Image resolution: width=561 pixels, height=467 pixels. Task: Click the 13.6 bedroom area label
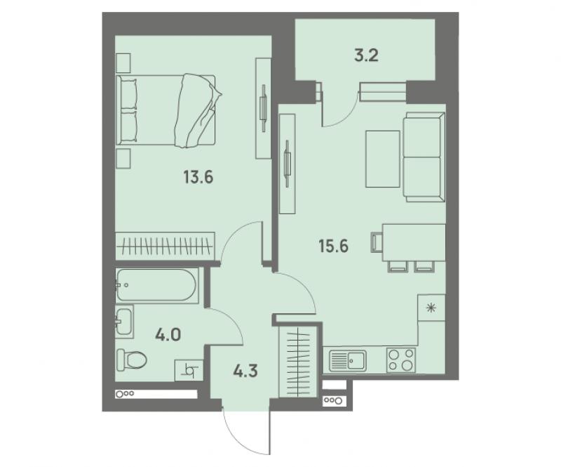click(198, 177)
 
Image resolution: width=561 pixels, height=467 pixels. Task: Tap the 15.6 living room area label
click(334, 246)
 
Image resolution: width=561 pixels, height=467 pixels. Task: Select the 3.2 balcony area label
click(367, 56)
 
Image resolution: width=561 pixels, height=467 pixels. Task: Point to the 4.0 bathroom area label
click(168, 334)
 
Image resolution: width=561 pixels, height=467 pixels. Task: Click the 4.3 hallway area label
click(245, 371)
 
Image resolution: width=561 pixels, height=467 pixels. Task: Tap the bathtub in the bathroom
click(156, 285)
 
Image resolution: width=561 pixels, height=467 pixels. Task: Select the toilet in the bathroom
click(131, 360)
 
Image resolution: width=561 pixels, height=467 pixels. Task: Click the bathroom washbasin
click(124, 322)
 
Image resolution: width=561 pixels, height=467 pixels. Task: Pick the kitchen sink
click(348, 360)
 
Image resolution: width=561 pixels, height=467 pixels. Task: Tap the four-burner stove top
click(401, 360)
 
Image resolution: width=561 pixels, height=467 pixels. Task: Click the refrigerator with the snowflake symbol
click(431, 308)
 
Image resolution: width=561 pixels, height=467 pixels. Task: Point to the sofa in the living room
click(424, 157)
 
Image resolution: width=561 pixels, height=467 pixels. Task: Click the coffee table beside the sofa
click(382, 159)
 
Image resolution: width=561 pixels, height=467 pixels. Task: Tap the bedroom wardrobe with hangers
click(165, 246)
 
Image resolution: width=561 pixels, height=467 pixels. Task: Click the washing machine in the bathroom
click(189, 370)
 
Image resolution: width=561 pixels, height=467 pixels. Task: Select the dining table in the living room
click(414, 243)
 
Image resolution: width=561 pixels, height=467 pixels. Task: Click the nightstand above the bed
click(123, 63)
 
